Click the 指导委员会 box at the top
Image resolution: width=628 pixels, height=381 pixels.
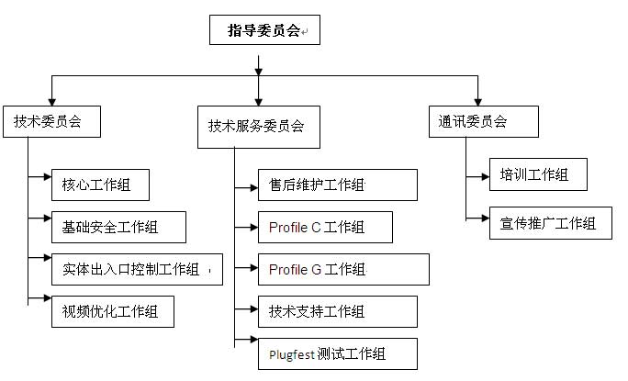(x=264, y=31)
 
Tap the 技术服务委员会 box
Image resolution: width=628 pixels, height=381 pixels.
(x=258, y=128)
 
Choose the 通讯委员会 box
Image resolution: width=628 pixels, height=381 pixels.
(x=478, y=121)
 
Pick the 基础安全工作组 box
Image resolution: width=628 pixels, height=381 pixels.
(x=118, y=227)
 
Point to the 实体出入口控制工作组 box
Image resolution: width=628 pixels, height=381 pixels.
(x=137, y=268)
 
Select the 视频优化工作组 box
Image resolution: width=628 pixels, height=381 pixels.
(x=112, y=310)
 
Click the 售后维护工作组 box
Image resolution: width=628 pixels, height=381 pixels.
(x=338, y=185)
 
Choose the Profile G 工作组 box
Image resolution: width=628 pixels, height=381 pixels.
(x=343, y=269)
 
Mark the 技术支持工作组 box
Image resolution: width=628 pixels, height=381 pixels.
(x=338, y=312)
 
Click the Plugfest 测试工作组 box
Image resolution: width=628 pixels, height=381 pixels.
(x=338, y=353)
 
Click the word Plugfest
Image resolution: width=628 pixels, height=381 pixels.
(x=292, y=354)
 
